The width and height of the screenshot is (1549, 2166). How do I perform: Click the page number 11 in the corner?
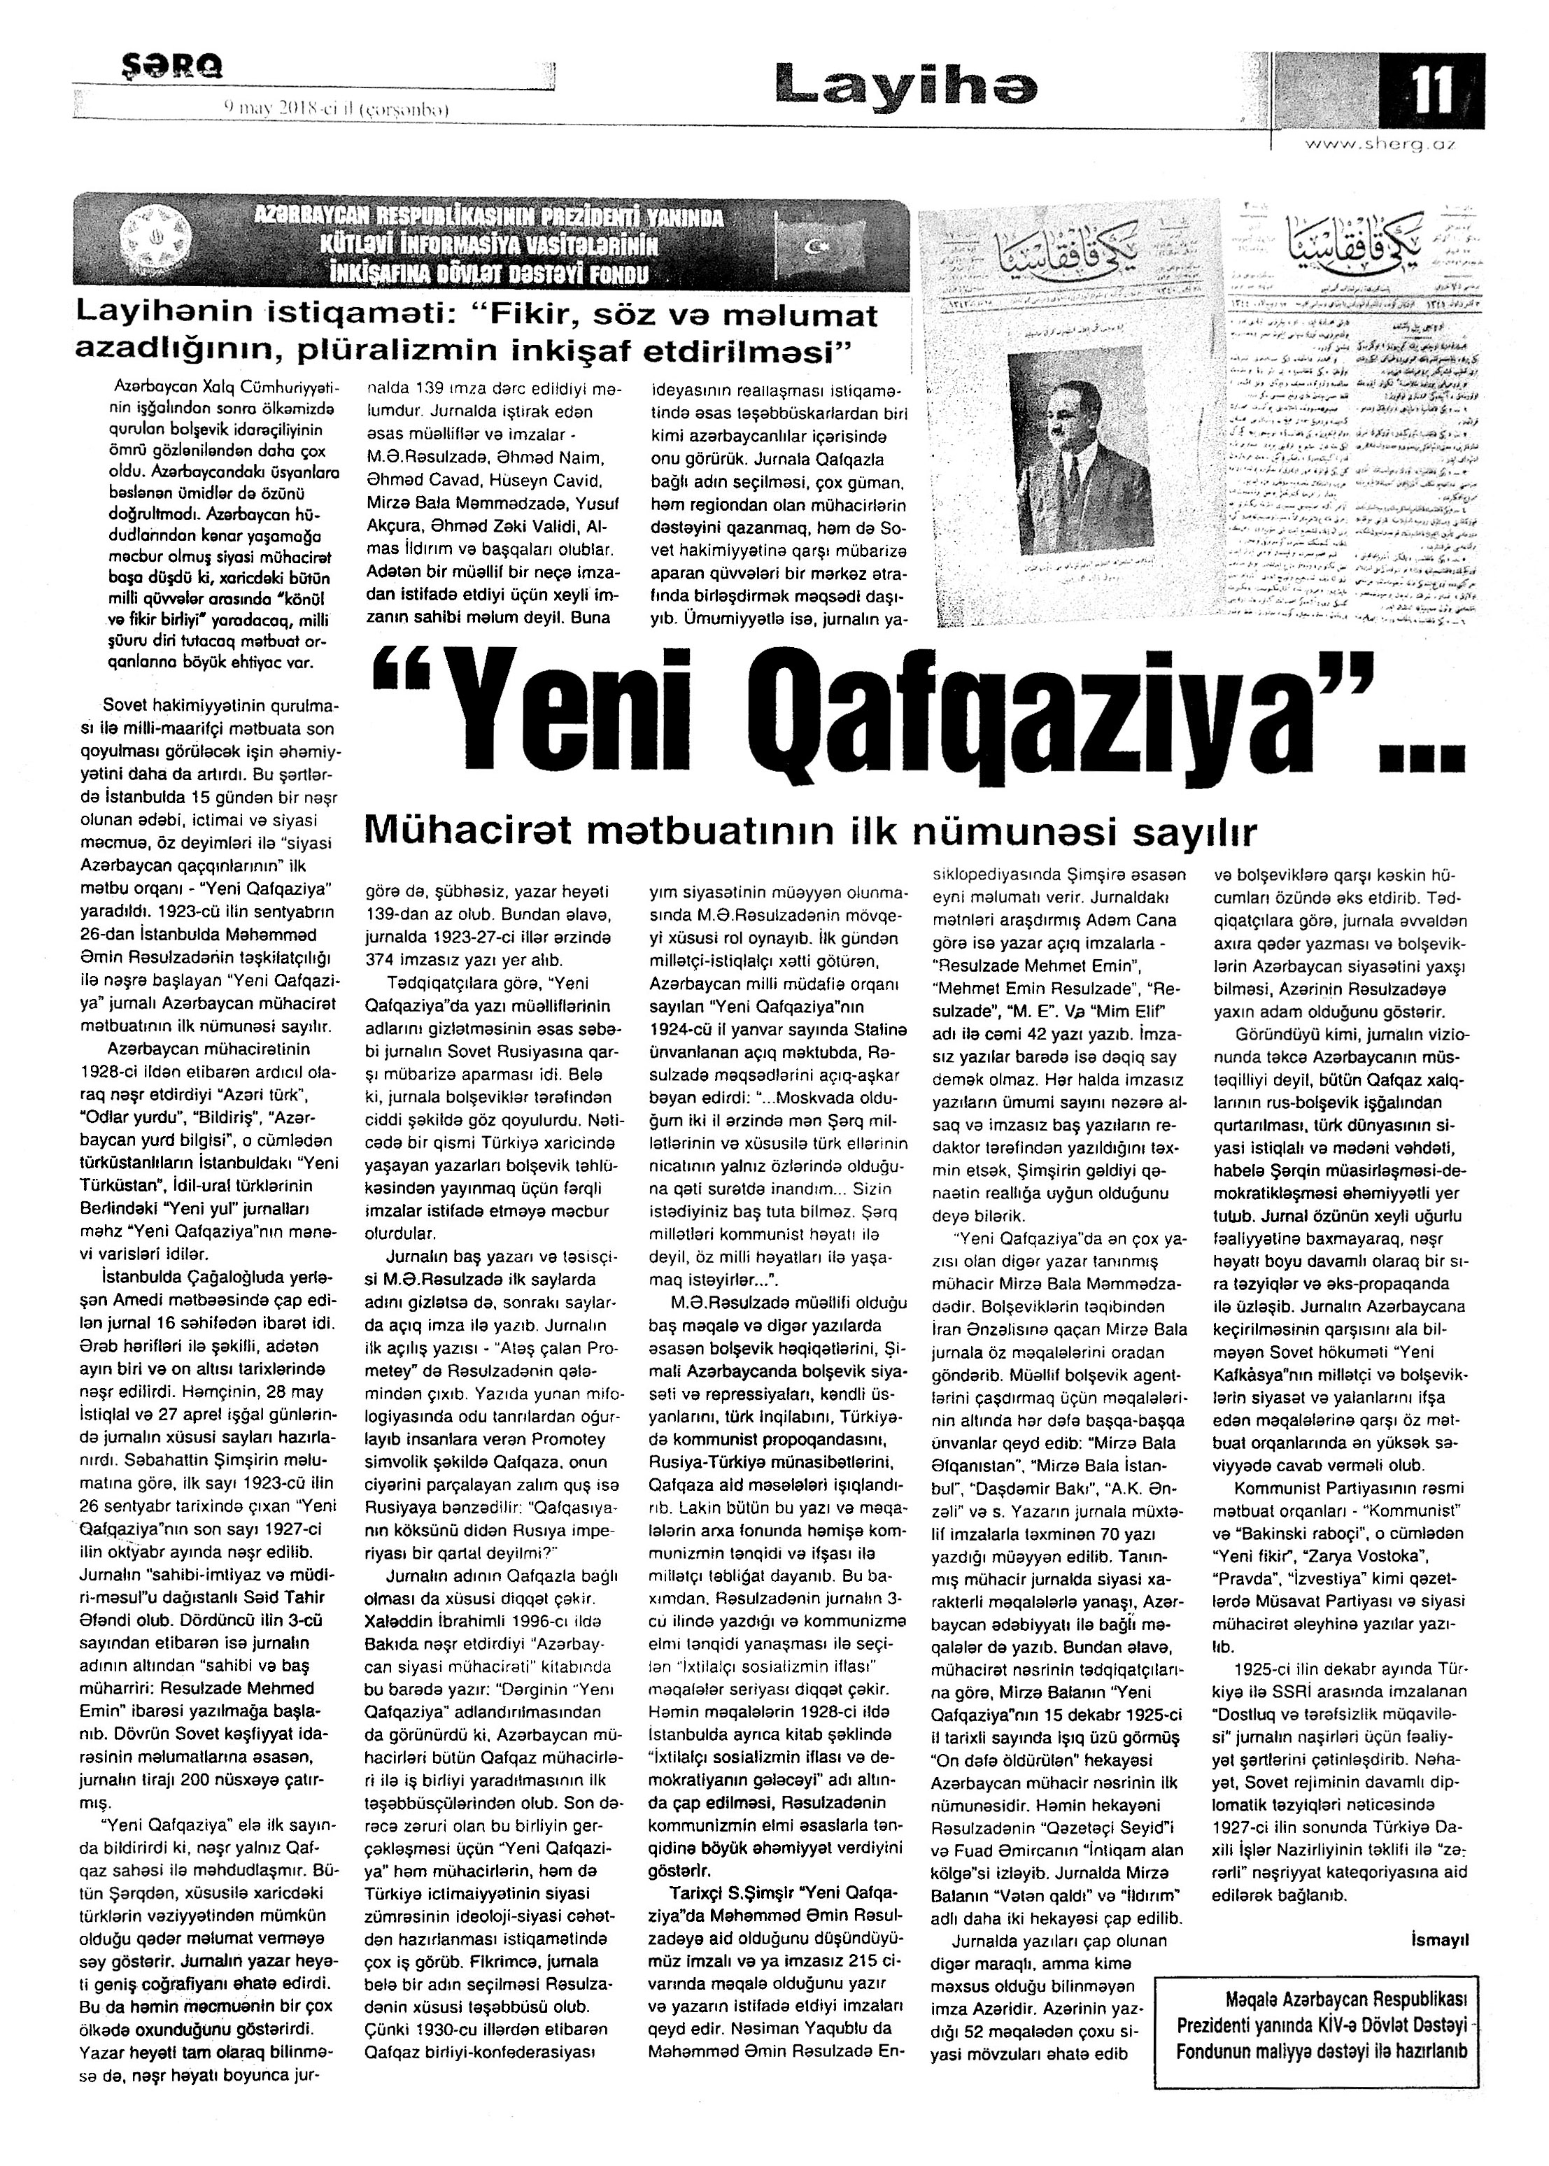pyautogui.click(x=1431, y=92)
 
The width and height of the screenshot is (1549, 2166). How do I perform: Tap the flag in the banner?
pyautogui.click(x=819, y=247)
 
